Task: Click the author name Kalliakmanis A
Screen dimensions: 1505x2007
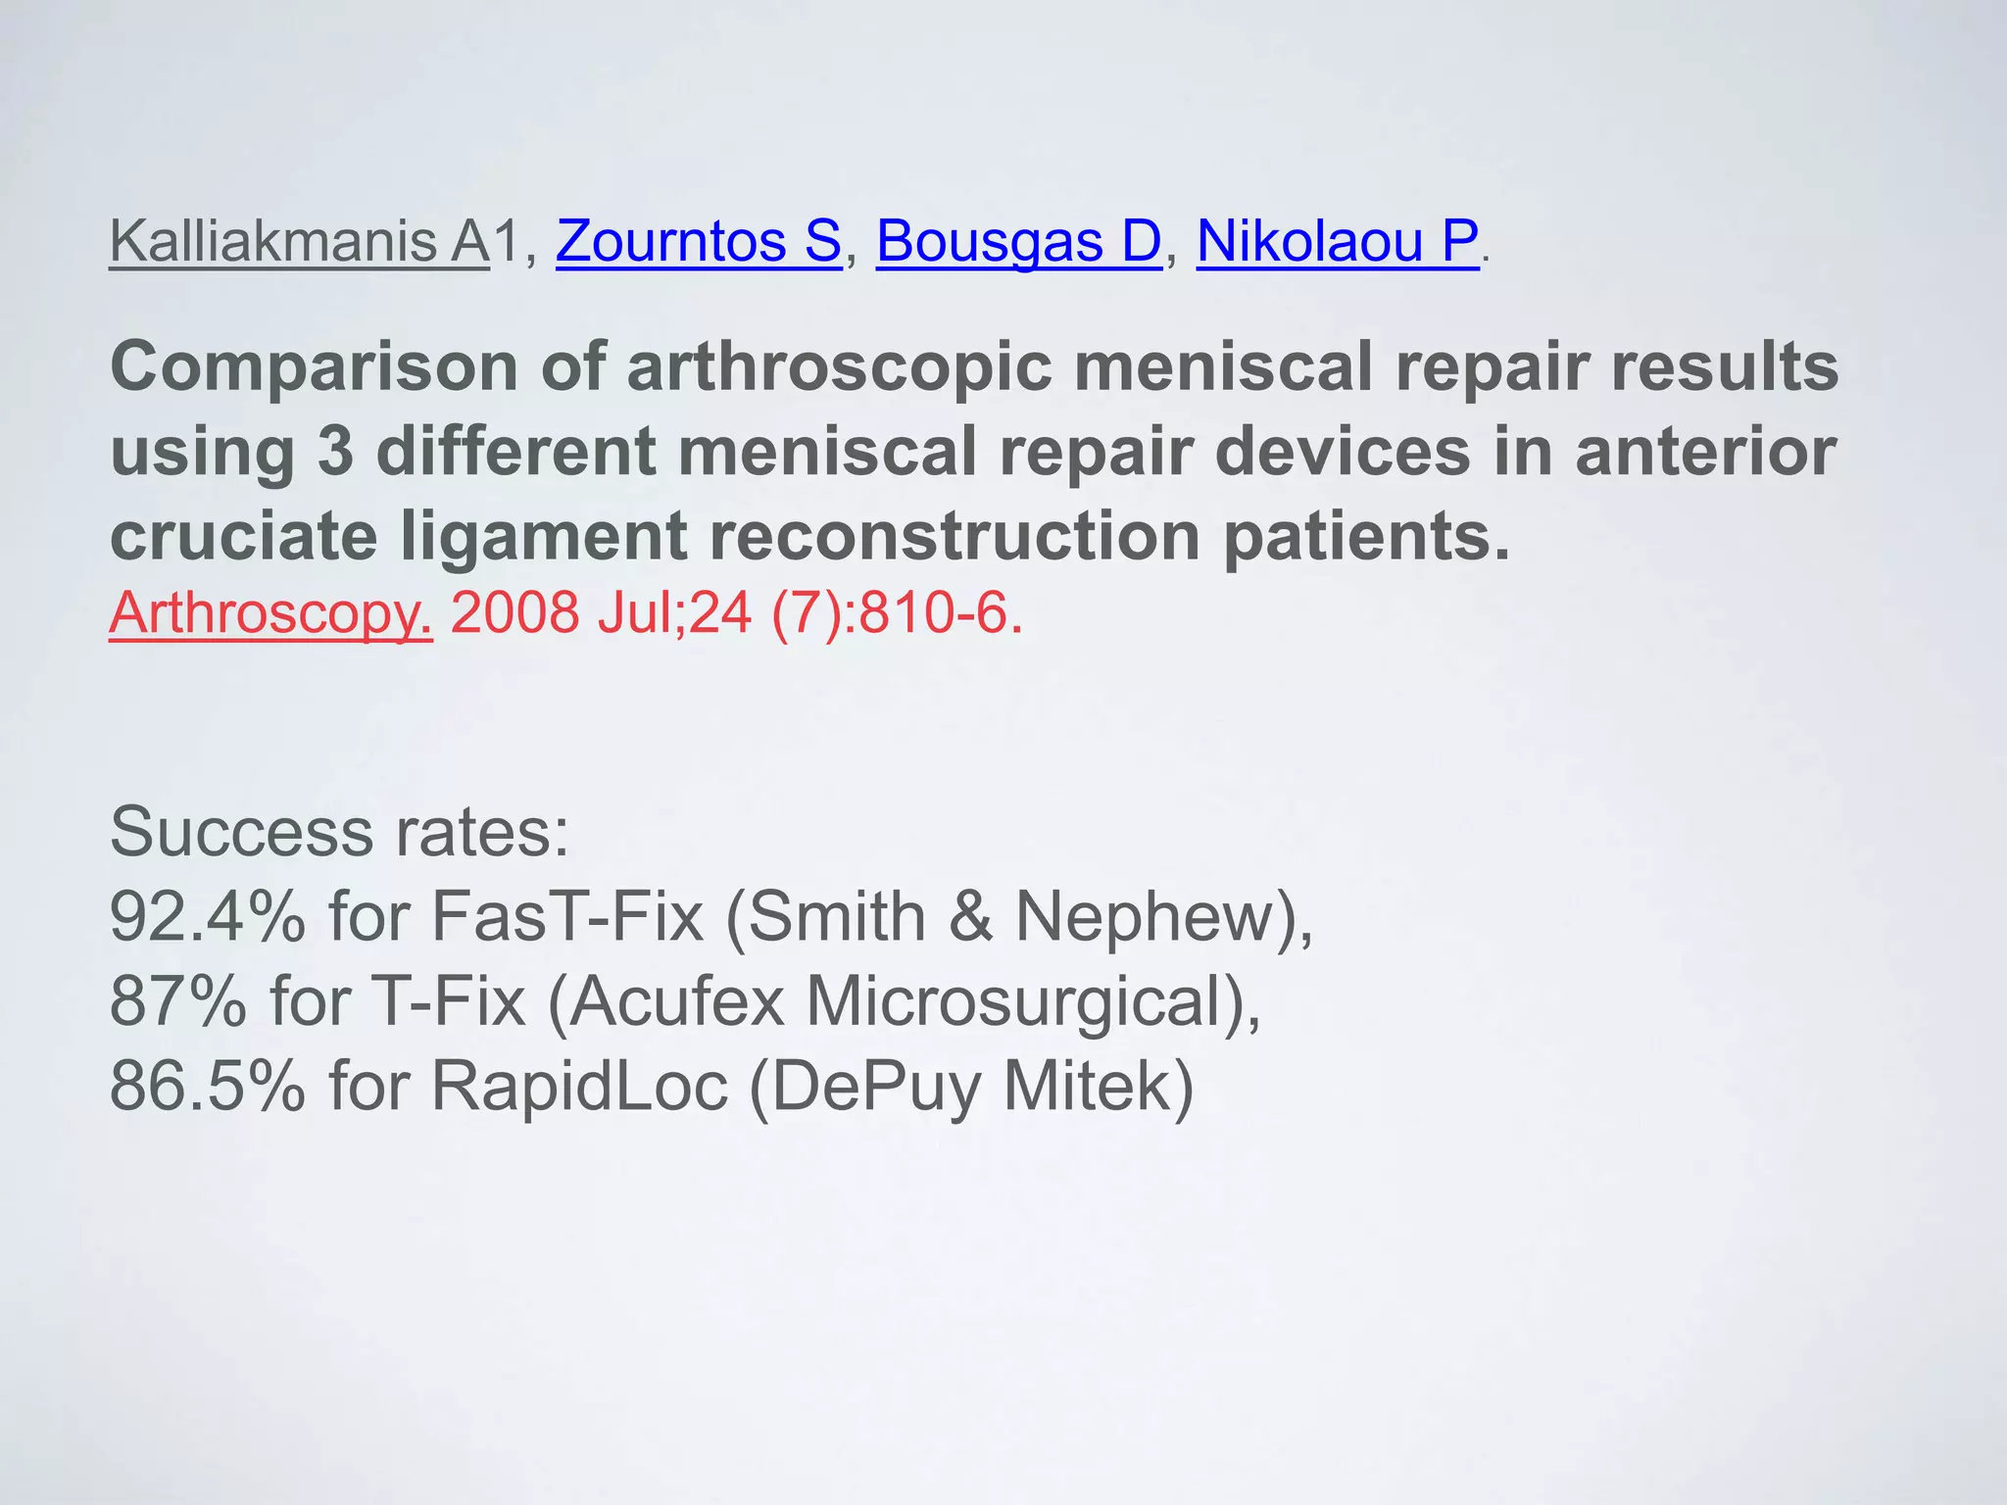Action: pyautogui.click(x=299, y=241)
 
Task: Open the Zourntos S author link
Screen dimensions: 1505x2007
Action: pyautogui.click(x=698, y=241)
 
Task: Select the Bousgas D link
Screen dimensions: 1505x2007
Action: pyautogui.click(x=1018, y=241)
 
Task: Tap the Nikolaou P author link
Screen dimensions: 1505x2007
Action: pyautogui.click(x=1338, y=241)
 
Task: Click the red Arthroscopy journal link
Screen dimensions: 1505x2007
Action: pyautogui.click(x=270, y=613)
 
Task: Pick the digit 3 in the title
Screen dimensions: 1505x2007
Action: pyautogui.click(x=335, y=452)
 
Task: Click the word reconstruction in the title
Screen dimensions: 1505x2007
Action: pyautogui.click(x=955, y=537)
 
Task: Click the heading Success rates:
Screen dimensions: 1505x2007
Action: pyautogui.click(x=339, y=832)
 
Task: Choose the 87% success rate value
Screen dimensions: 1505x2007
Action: pyautogui.click(x=177, y=1001)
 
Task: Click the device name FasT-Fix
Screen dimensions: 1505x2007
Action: pyautogui.click(x=567, y=917)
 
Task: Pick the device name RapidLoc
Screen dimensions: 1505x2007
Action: pyautogui.click(x=579, y=1087)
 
